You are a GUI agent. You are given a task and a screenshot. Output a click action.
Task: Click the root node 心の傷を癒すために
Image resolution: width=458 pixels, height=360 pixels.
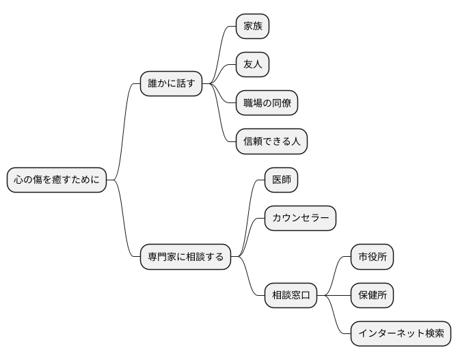click(x=57, y=180)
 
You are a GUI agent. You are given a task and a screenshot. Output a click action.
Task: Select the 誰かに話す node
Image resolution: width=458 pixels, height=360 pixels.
click(x=171, y=84)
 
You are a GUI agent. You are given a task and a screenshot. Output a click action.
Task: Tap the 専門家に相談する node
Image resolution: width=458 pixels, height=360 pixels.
click(x=185, y=257)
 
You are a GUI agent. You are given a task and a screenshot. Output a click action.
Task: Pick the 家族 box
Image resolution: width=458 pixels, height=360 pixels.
click(x=252, y=27)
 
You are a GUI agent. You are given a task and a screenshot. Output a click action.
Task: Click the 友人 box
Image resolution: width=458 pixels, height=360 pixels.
click(x=252, y=65)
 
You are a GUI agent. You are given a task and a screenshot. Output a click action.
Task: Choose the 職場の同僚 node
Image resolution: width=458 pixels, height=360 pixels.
click(x=267, y=103)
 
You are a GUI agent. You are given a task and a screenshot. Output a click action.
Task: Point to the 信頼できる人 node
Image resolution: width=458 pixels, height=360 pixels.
click(x=271, y=141)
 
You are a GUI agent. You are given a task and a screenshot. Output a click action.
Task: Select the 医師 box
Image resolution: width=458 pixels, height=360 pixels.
click(x=281, y=180)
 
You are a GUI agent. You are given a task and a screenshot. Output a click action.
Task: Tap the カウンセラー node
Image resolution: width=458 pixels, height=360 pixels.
click(x=300, y=219)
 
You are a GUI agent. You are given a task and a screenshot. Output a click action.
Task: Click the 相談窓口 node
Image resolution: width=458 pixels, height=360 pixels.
click(x=291, y=295)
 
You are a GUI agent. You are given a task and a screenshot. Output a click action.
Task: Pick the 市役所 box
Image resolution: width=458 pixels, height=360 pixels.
click(x=372, y=257)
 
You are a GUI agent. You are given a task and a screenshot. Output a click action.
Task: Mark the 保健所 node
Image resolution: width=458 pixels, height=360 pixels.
click(x=372, y=295)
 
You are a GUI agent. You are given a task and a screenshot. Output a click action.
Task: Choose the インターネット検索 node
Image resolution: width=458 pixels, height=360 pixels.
click(x=401, y=333)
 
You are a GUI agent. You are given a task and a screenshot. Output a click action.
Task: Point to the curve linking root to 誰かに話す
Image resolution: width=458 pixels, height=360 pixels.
click(x=124, y=130)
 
